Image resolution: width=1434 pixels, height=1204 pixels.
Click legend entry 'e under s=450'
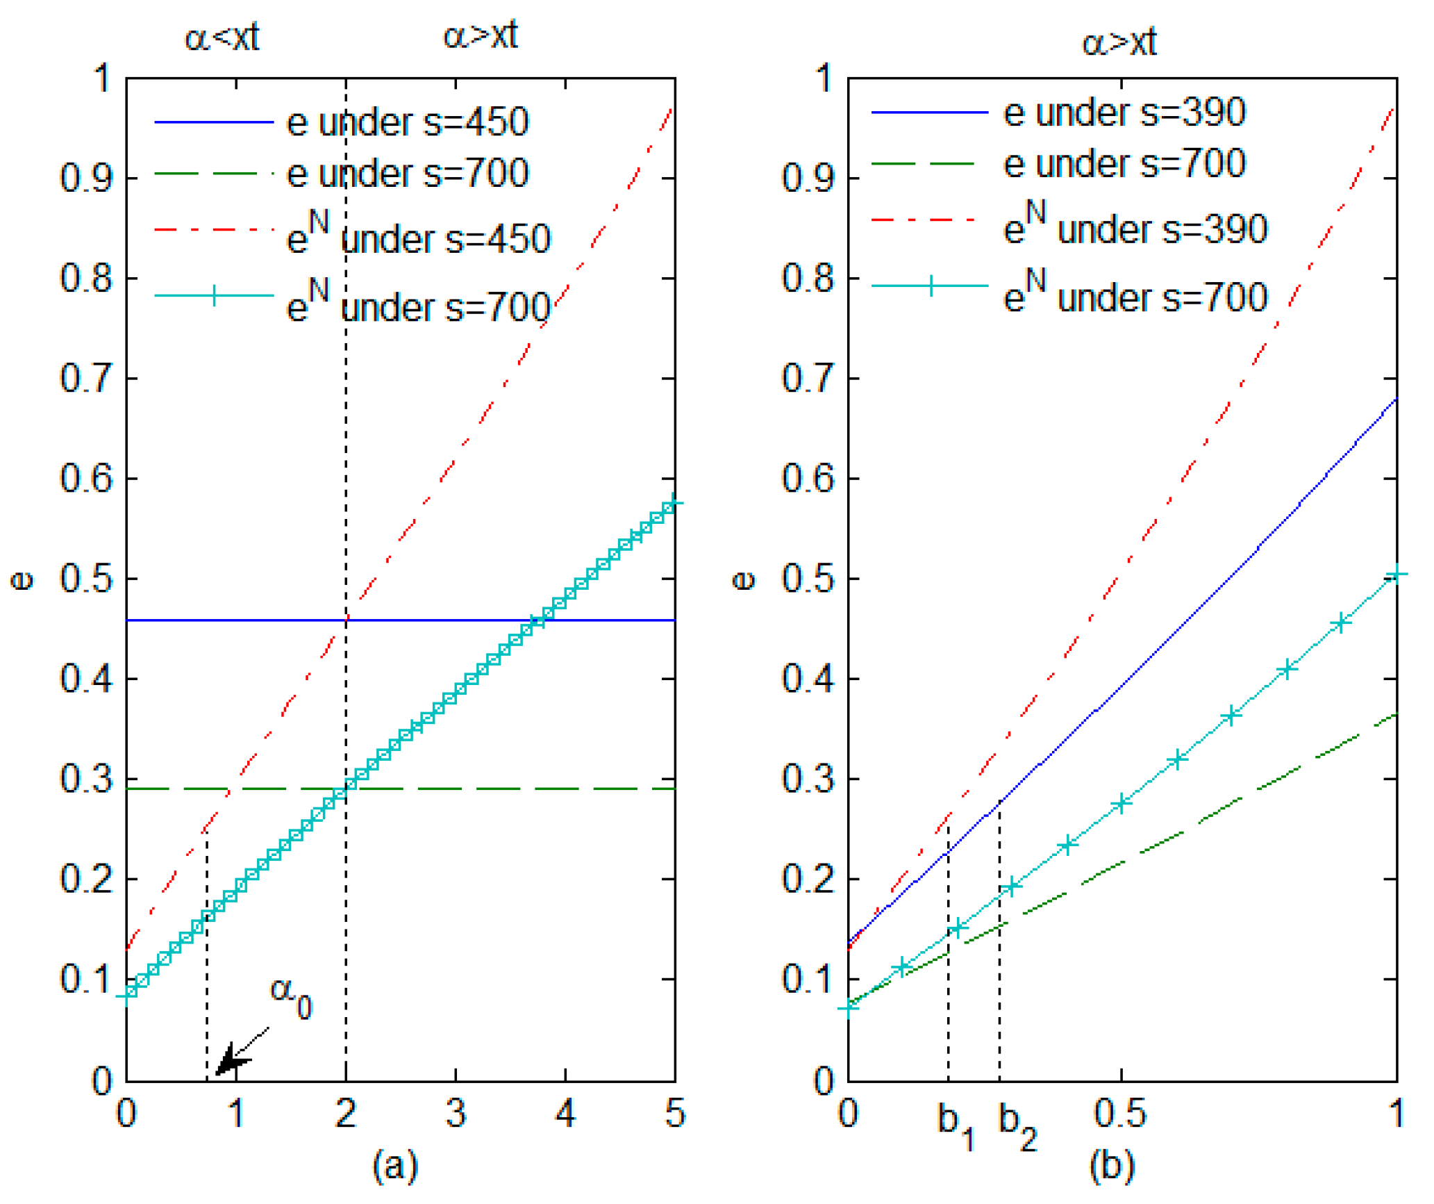[x=407, y=122]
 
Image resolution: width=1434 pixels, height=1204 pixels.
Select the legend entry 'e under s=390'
[x=1124, y=113]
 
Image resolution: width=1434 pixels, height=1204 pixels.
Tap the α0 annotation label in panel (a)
[x=291, y=998]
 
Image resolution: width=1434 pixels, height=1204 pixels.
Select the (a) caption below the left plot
[x=395, y=1165]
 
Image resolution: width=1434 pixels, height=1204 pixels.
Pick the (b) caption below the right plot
[x=1112, y=1165]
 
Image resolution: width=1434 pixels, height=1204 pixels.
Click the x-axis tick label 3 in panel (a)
[x=455, y=1113]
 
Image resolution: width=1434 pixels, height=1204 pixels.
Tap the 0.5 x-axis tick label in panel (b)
[x=1119, y=1113]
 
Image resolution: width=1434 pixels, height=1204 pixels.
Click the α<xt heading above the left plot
[x=222, y=37]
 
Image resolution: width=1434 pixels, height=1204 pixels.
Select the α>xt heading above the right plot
[x=1119, y=42]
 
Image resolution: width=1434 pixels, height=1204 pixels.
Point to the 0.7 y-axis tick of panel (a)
[x=86, y=379]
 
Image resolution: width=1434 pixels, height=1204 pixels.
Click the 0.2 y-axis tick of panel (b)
[x=808, y=879]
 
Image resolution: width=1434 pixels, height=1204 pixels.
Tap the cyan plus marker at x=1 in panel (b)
[x=1396, y=574]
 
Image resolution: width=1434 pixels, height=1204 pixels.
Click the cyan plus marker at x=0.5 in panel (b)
[x=1122, y=803]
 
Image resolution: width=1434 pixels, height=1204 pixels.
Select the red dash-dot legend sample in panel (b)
[x=929, y=220]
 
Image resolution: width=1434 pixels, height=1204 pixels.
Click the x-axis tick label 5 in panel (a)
[x=674, y=1113]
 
